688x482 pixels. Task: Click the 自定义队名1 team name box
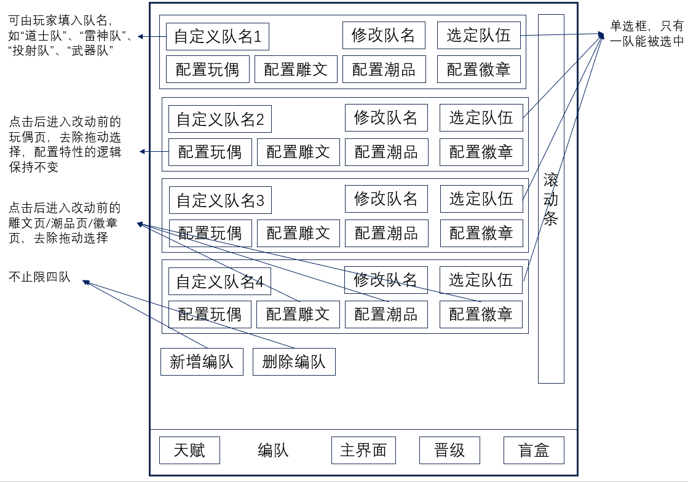[x=218, y=36]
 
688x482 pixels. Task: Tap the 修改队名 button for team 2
[x=386, y=117]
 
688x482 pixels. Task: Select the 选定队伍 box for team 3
[x=481, y=199]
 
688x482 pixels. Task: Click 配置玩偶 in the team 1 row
[x=208, y=69]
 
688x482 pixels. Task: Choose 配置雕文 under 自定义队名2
[x=298, y=152]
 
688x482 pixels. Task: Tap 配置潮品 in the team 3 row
[x=386, y=234]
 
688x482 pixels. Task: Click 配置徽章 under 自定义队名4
[x=481, y=314]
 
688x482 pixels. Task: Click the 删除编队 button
[x=294, y=362]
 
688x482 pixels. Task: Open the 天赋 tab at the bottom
[x=189, y=450]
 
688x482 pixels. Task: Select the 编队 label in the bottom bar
[x=273, y=451]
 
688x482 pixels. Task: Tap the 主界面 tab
[x=363, y=450]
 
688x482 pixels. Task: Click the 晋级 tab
[x=450, y=450]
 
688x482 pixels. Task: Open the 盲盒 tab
[x=534, y=450]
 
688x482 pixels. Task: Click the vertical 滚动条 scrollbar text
[x=551, y=199]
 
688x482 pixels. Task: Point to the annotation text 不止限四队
[x=39, y=277]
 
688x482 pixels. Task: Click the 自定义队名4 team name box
[x=219, y=281]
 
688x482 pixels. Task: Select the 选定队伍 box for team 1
[x=478, y=35]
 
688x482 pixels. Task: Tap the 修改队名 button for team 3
[x=386, y=199]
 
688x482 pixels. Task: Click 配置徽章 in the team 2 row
[x=481, y=152]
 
